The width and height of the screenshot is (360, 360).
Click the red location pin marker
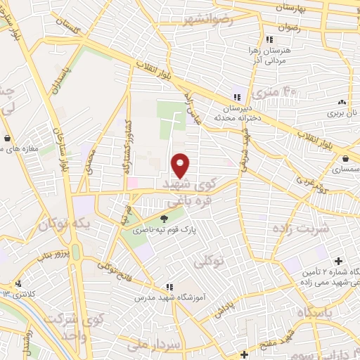[x=181, y=166]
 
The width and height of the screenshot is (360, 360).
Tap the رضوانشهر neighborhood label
[x=207, y=20]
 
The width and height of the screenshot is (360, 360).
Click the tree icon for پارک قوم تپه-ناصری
[x=165, y=219]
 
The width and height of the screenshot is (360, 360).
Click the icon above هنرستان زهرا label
[x=269, y=40]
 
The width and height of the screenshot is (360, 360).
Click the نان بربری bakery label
[x=345, y=112]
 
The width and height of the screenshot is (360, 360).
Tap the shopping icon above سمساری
[x=347, y=157]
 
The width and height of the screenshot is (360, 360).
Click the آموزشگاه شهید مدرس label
[x=169, y=298]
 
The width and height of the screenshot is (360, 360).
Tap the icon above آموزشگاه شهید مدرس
[x=169, y=287]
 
